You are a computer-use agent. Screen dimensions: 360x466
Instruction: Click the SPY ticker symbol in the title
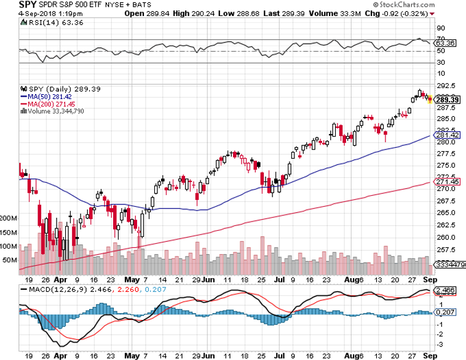tap(10, 5)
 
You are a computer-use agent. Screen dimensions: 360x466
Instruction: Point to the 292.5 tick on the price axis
tap(446, 87)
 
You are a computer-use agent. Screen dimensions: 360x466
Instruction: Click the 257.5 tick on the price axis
tap(446, 250)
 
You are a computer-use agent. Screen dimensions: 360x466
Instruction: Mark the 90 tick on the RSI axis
tap(440, 28)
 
